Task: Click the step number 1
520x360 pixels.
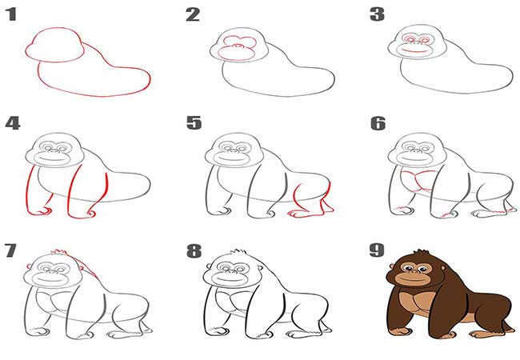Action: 12,15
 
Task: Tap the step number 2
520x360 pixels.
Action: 193,15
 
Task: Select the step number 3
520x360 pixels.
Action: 377,15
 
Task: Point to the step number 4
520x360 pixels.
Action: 13,123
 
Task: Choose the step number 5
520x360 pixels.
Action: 194,123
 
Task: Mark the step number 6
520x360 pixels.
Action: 378,123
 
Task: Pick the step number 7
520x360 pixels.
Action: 10,250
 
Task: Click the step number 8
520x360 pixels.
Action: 194,251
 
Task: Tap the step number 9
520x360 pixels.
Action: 377,250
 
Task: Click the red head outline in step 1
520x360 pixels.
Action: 54,29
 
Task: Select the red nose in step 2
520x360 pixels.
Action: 237,46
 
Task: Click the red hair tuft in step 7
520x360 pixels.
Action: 60,253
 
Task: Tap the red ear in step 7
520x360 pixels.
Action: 29,266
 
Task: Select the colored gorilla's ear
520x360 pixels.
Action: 392,266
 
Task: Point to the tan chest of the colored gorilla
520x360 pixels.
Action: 415,304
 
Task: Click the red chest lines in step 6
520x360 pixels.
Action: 418,180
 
